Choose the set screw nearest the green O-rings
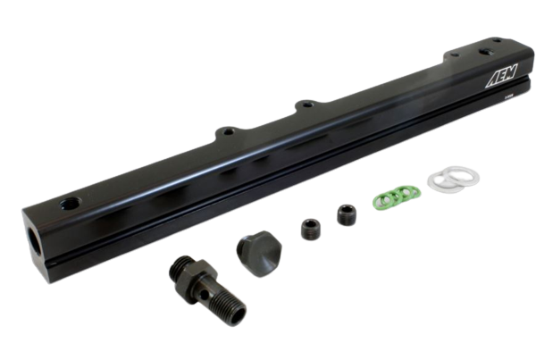pos(344,214)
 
